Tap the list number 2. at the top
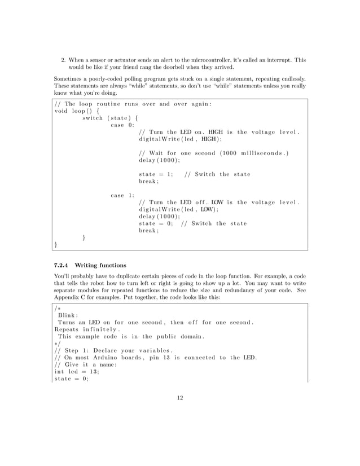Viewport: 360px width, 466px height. (x=64, y=59)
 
